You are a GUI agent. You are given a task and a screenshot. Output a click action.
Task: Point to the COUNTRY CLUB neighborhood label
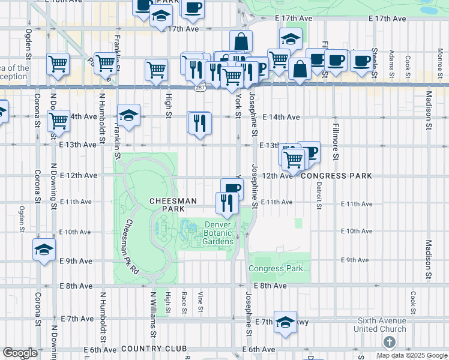(x=154, y=349)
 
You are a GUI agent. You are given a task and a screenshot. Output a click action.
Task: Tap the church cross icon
(x=389, y=342)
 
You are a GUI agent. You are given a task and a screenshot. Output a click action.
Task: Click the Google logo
(x=20, y=353)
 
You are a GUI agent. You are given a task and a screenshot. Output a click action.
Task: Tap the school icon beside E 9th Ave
(x=44, y=249)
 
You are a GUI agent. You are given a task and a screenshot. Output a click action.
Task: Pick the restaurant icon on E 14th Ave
(x=199, y=122)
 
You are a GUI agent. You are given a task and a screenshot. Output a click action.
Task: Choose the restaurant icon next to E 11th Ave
(x=227, y=202)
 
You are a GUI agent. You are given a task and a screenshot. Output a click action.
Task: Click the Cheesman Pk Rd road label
(x=131, y=247)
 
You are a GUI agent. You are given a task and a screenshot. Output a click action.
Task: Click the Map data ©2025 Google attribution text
(x=411, y=355)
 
